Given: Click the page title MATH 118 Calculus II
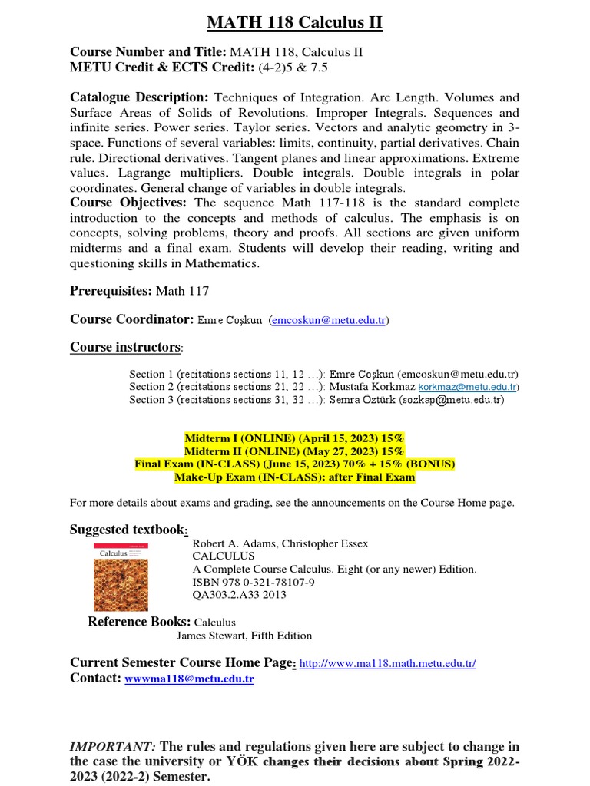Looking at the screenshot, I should point(294,23).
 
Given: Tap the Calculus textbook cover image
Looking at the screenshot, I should point(121,578).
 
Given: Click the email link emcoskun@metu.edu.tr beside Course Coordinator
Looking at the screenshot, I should point(329,320).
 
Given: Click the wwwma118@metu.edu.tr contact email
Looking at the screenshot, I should point(189,679).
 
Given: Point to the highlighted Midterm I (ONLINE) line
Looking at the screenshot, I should point(294,438).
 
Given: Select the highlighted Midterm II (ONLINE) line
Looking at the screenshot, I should point(294,451).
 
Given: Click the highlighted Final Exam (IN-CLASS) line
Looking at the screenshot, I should point(294,464).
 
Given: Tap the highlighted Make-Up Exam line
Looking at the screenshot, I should point(294,477).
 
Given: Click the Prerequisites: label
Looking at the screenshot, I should point(111,292).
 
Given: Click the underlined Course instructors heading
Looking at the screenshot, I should point(125,347).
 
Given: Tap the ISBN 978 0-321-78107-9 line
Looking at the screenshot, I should point(247,582).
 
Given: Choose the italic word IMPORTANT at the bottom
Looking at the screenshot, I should point(113,747).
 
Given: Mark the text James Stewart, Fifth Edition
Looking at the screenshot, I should point(244,636).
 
